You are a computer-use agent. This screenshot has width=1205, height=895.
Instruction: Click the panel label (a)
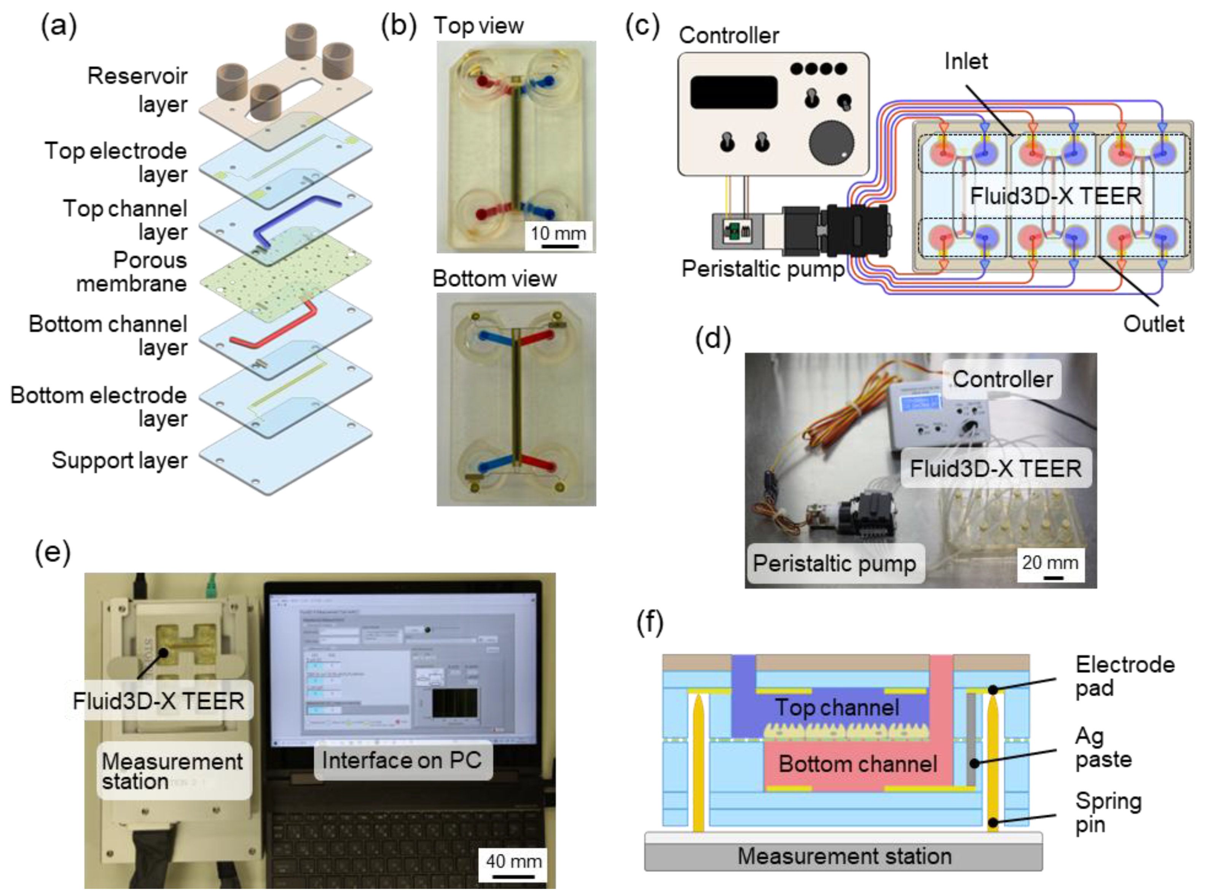point(59,26)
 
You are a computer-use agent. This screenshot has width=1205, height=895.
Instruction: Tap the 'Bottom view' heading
point(494,278)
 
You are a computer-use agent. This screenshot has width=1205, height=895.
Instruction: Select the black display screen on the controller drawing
point(733,92)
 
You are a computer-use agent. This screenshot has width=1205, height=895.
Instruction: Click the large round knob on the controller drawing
point(831,144)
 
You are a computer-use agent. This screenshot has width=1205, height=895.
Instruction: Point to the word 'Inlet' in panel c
point(966,61)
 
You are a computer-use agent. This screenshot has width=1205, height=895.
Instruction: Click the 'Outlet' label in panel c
point(1153,324)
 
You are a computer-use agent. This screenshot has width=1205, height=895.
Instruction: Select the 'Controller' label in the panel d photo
point(1002,379)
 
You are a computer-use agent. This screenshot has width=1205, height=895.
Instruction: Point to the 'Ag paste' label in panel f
point(1102,748)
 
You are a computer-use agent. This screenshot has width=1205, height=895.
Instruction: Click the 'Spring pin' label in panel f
point(1108,813)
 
